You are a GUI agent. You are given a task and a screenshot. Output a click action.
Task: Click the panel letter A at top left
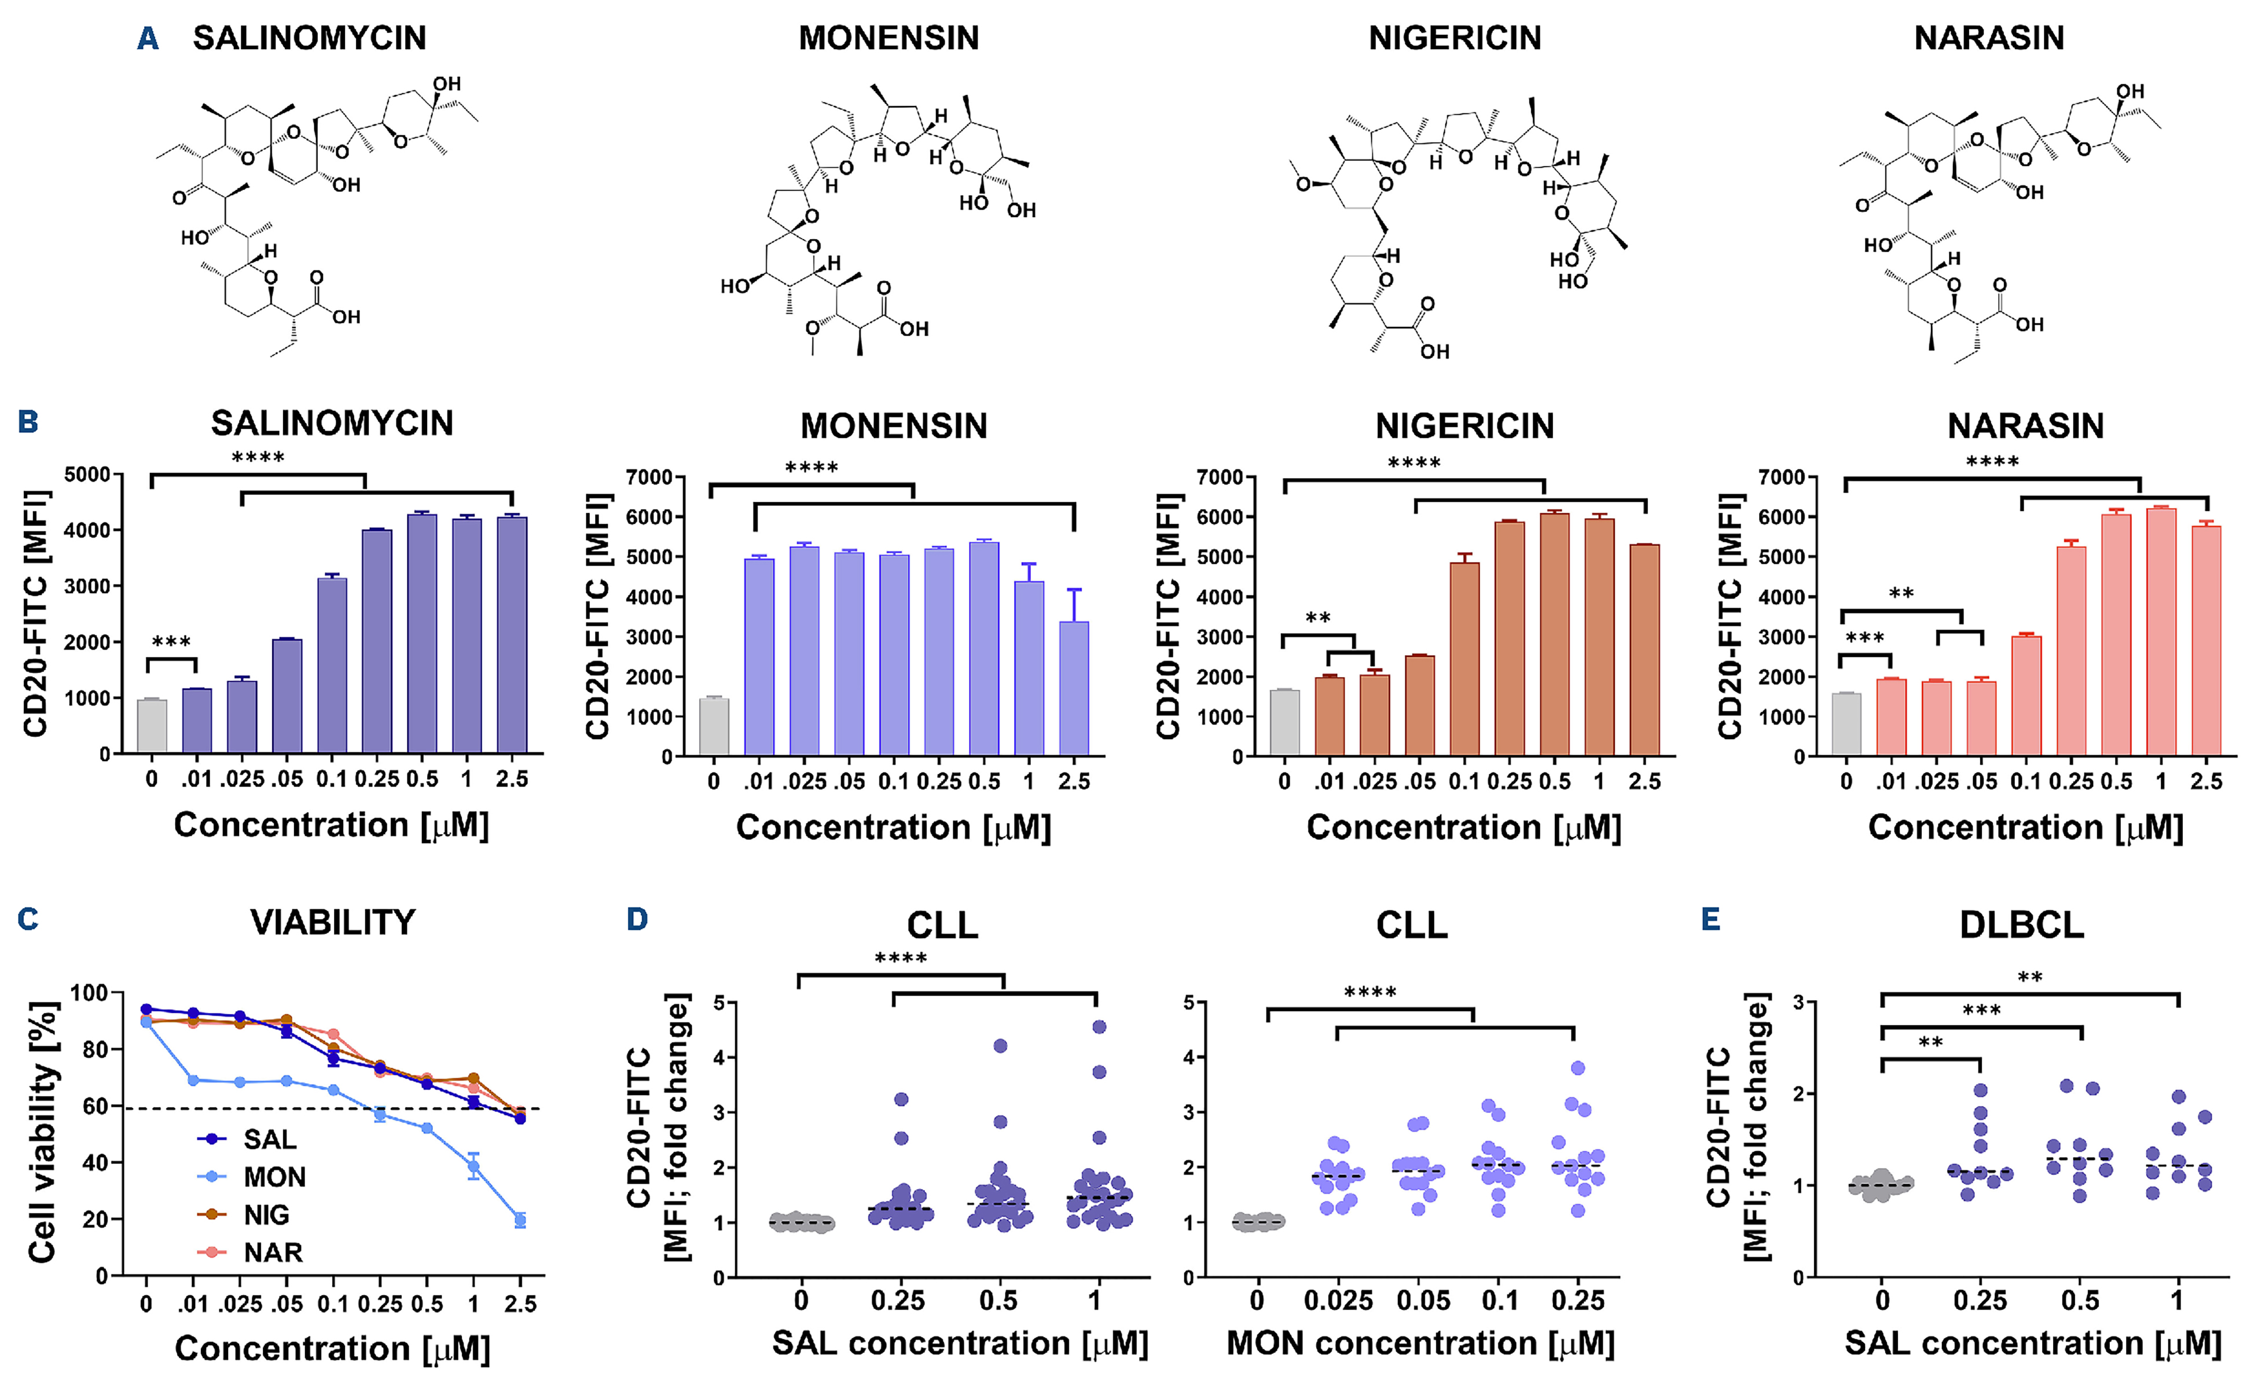[x=148, y=39]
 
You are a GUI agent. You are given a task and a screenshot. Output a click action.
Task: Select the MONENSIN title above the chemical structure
[x=889, y=39]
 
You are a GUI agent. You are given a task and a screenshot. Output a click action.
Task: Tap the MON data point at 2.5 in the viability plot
[x=520, y=1221]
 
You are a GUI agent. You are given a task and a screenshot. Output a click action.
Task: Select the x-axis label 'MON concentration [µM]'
[x=1420, y=1344]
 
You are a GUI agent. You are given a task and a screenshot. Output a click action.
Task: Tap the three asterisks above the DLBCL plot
[x=1981, y=1011]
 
